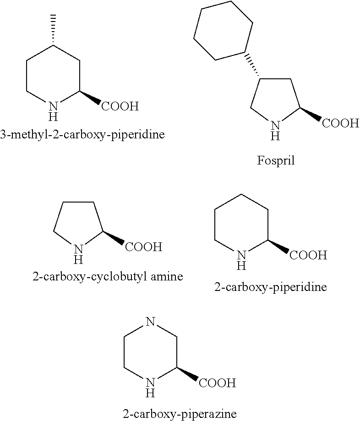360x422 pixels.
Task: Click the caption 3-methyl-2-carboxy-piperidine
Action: click(x=82, y=134)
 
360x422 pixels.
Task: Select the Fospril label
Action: click(x=276, y=160)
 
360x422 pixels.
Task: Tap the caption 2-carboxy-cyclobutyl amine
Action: click(x=108, y=276)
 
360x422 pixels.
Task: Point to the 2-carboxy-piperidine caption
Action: click(x=270, y=287)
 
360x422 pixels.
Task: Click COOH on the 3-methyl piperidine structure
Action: click(x=120, y=106)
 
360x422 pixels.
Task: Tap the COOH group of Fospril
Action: click(x=341, y=123)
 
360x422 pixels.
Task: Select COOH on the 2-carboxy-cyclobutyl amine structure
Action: click(x=144, y=247)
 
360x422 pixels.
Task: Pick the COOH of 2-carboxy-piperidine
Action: click(x=308, y=255)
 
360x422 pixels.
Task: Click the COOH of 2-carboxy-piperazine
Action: click(x=218, y=383)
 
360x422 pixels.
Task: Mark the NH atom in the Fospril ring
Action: click(x=275, y=131)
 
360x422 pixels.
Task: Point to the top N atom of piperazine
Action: click(x=151, y=321)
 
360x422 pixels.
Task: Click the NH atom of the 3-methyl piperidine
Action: click(x=54, y=111)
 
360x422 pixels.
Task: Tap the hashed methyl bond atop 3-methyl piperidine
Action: click(x=54, y=30)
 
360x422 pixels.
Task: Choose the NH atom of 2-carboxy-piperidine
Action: click(x=242, y=260)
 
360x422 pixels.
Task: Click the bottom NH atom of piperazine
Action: click(x=151, y=387)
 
